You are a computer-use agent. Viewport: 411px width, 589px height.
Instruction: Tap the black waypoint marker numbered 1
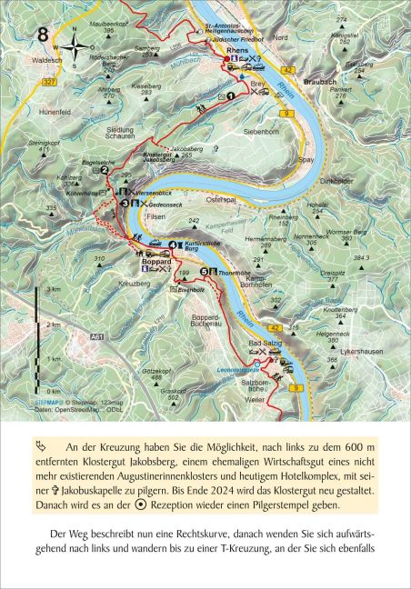click(x=232, y=94)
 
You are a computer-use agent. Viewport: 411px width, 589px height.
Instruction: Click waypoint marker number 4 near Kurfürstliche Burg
click(x=172, y=245)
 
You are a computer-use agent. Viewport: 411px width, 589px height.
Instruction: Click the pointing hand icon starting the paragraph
click(x=50, y=446)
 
